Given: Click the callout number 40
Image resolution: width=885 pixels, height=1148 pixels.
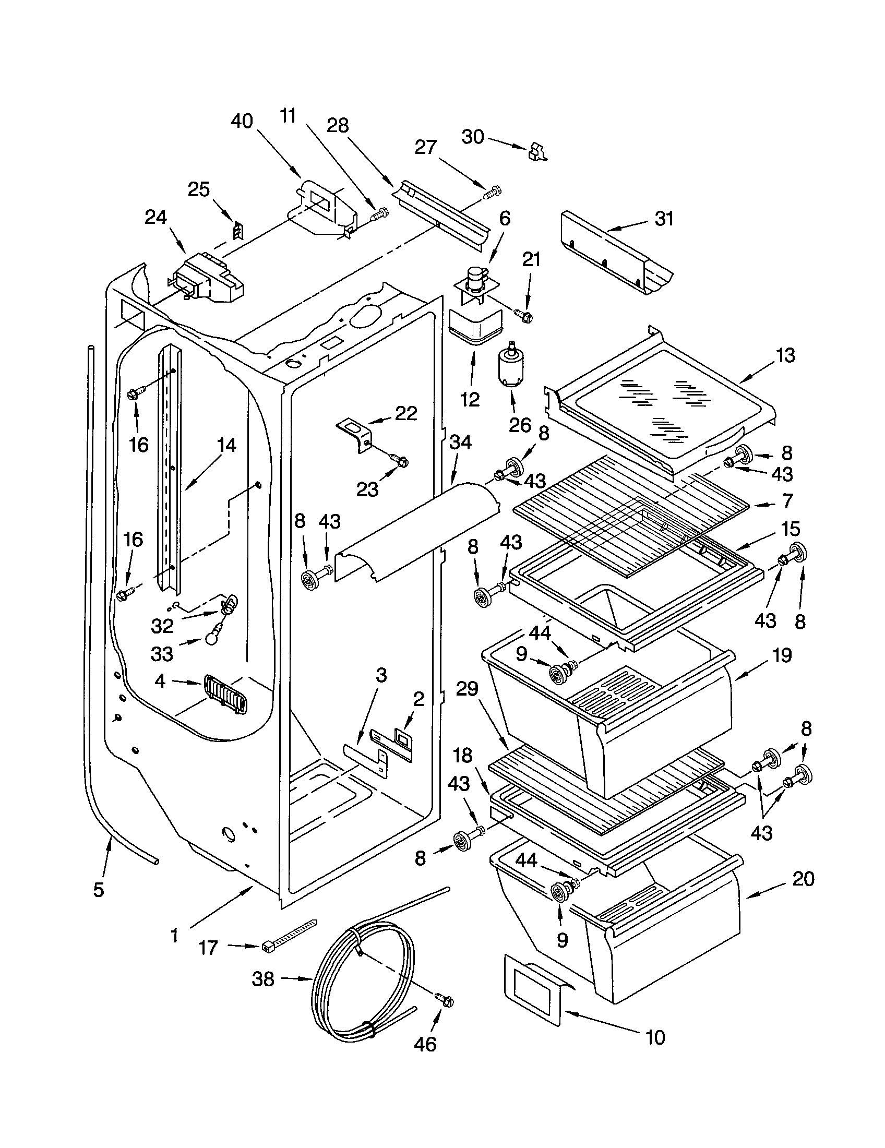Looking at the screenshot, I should [242, 122].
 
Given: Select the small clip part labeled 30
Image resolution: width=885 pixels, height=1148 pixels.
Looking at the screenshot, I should [536, 151].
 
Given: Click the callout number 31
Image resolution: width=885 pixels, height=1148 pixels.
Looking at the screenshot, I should [664, 219].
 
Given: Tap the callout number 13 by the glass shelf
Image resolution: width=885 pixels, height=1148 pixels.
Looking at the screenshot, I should [785, 355].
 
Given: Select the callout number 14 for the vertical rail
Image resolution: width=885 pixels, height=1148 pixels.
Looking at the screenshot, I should [226, 445].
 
